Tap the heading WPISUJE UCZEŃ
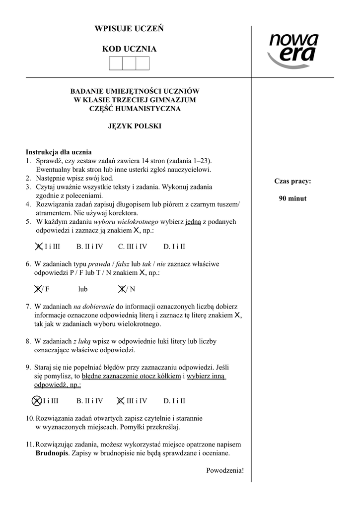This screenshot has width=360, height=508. [129, 29]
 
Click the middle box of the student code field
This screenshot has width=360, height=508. [129, 63]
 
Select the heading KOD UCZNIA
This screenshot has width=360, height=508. [129, 49]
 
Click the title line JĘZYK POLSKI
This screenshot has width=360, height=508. [135, 126]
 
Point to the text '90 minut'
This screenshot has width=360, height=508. [292, 198]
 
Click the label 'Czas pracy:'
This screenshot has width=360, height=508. [292, 181]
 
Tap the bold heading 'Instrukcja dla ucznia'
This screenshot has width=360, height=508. [59, 152]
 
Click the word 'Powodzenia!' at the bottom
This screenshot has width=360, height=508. [225, 470]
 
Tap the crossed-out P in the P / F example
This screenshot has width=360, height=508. [38, 289]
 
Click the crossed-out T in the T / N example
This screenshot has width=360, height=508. [122, 289]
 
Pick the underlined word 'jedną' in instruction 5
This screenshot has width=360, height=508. [193, 222]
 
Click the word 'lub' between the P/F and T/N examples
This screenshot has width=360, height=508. [83, 289]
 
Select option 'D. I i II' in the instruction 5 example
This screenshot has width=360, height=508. [174, 246]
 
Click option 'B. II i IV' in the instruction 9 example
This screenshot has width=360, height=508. [89, 401]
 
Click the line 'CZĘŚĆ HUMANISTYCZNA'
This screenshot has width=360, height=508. [135, 108]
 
